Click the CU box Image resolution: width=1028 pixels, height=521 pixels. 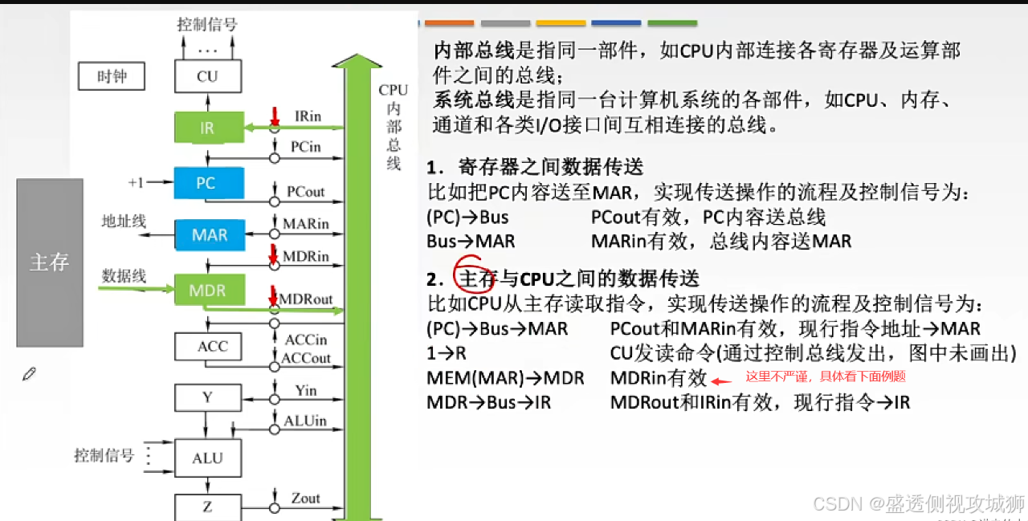click(x=207, y=77)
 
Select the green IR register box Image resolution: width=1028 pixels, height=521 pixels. click(x=207, y=128)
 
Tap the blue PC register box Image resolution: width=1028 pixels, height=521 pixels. click(x=207, y=183)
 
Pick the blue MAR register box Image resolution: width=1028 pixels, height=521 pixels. click(x=209, y=235)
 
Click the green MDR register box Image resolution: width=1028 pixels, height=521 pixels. click(x=207, y=290)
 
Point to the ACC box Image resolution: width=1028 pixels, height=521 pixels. click(x=212, y=347)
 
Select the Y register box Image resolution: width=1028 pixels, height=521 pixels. click(x=207, y=397)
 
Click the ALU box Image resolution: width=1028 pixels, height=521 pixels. click(x=207, y=458)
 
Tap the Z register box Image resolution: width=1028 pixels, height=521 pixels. click(x=207, y=507)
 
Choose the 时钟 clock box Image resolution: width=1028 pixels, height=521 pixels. click(x=112, y=77)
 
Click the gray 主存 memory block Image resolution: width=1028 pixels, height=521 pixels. click(x=50, y=263)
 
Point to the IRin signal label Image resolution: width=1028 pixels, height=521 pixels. click(x=308, y=116)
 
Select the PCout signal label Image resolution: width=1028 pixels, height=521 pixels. click(x=306, y=192)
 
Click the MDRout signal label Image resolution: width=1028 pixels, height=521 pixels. click(x=305, y=299)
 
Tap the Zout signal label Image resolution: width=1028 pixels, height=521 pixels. click(x=305, y=499)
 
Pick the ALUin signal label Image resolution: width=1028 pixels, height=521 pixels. click(x=305, y=421)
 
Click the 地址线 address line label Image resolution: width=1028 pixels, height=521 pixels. click(x=124, y=221)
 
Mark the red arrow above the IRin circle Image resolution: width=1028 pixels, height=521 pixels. click(x=274, y=116)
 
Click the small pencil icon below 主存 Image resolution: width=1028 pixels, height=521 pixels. click(x=30, y=373)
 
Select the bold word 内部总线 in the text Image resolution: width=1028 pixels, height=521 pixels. click(x=473, y=51)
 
